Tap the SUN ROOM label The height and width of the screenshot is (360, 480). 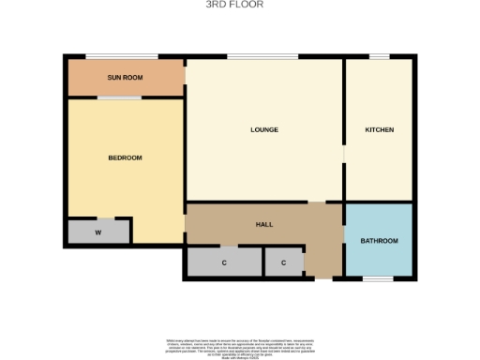[x=125, y=78]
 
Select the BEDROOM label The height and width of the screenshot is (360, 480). [x=125, y=157]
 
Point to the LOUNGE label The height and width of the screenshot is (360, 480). [x=264, y=129]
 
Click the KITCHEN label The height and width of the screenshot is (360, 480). [x=379, y=129]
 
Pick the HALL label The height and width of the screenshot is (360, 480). [x=264, y=225]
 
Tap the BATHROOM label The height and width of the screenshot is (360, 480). [x=379, y=241]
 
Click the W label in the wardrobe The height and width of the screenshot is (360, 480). [x=97, y=230]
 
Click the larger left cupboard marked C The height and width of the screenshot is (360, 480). [x=224, y=262]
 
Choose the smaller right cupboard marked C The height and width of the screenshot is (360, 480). [x=284, y=262]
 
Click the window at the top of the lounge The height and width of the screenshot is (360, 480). [x=246, y=57]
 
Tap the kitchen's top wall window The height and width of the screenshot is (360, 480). [x=379, y=57]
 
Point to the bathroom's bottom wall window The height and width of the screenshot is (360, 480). [x=378, y=278]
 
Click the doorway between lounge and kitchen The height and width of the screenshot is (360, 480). [x=344, y=156]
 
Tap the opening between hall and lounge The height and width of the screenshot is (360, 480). [x=318, y=202]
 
